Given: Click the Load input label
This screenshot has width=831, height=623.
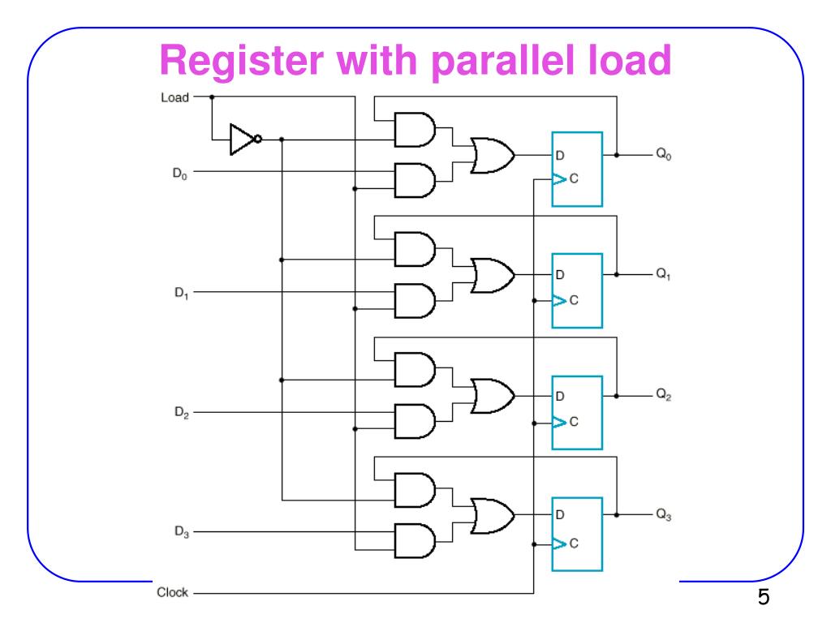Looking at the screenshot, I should pos(174,97).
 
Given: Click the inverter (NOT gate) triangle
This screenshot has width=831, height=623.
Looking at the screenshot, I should pos(243,139).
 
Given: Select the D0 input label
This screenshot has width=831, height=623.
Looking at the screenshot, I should pos(180,173).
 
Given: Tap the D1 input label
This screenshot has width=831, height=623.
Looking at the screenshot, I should pos(180,292).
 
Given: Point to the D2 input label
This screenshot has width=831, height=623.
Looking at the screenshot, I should pos(180,412).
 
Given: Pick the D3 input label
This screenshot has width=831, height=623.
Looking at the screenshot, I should pos(180,532).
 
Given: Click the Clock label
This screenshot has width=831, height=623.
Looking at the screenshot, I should pos(172,592).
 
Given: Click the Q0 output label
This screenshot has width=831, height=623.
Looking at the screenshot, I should pos(664,155).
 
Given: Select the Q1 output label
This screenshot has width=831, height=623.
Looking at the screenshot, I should pos(664,275).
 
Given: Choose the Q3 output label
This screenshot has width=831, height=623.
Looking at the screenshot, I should pos(664,515).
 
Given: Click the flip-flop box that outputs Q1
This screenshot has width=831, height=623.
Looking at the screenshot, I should pos(577,290).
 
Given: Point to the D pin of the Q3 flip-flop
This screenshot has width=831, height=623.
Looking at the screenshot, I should pos(560,514).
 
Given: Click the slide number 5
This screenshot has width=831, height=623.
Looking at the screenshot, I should pos(763,599).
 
